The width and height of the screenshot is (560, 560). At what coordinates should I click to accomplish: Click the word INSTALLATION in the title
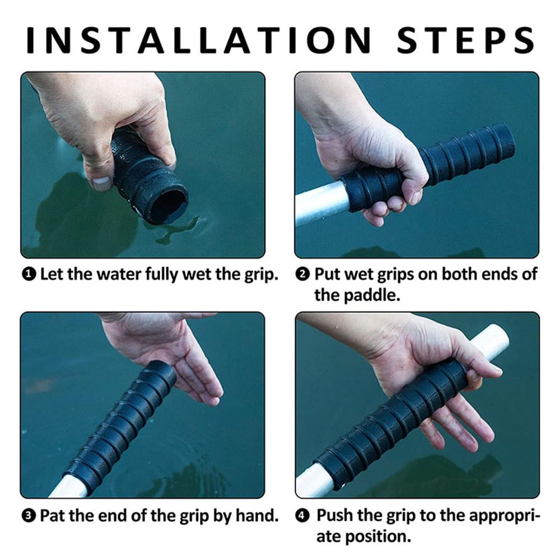pyautogui.click(x=199, y=40)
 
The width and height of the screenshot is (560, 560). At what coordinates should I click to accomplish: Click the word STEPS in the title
pyautogui.click(x=466, y=40)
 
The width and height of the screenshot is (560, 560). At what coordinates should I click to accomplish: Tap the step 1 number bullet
pyautogui.click(x=29, y=274)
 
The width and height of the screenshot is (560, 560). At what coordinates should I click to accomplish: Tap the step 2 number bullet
pyautogui.click(x=303, y=274)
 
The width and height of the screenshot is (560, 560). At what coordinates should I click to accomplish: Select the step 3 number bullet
pyautogui.click(x=29, y=516)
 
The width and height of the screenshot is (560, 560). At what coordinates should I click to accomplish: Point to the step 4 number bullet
pyautogui.click(x=303, y=516)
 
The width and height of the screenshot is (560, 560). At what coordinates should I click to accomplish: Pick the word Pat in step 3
pyautogui.click(x=53, y=516)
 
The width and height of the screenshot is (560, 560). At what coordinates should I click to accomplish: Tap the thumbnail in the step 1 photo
pyautogui.click(x=101, y=183)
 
